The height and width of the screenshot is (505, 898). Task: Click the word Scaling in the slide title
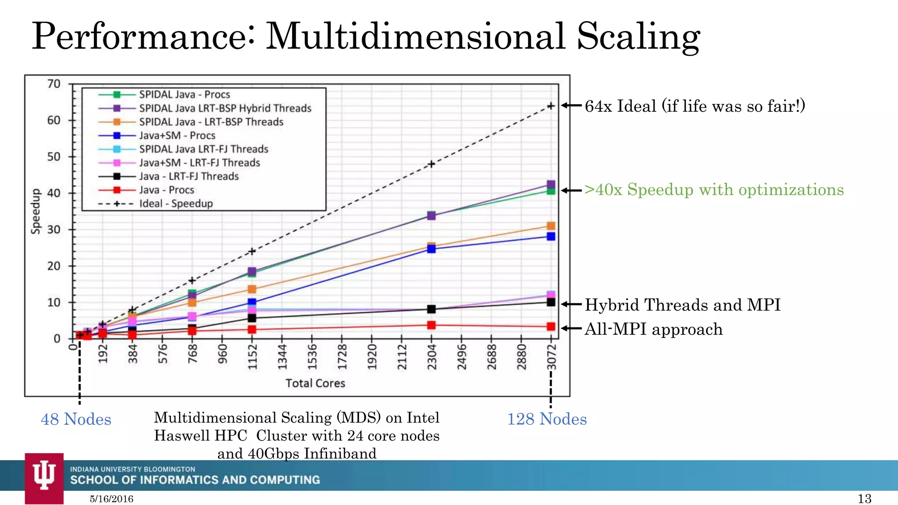point(638,37)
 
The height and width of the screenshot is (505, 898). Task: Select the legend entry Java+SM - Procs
point(177,135)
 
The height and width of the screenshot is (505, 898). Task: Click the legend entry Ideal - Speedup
point(176,203)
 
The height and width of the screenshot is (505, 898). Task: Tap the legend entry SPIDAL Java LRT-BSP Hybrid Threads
point(225,108)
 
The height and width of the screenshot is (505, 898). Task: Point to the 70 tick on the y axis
point(53,84)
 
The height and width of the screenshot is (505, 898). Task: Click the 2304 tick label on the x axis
point(432,357)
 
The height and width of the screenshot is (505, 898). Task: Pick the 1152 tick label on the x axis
point(252,357)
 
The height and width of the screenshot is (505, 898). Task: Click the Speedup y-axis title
point(36,211)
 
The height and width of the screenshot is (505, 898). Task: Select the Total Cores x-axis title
point(315,383)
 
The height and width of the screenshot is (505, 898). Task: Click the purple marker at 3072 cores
point(551,185)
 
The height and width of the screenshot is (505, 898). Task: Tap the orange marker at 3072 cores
point(551,226)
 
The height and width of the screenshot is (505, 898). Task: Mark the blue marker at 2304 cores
point(431,249)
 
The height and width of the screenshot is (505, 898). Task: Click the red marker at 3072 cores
point(551,327)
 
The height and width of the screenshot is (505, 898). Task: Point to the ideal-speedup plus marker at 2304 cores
point(431,164)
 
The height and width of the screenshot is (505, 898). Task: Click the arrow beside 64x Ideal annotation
point(571,105)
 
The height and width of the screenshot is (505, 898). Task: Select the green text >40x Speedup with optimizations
point(714,190)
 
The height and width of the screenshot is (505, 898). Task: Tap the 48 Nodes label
point(76,420)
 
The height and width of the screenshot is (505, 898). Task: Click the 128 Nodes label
point(547,420)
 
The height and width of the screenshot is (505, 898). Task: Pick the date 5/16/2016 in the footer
point(111,499)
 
